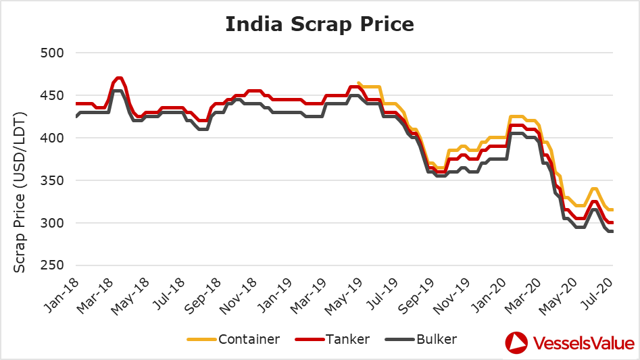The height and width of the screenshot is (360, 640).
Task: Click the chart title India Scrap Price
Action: pyautogui.click(x=320, y=24)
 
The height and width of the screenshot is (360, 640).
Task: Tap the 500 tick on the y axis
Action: pyautogui.click(x=52, y=53)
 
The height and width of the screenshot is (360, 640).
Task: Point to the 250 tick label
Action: pyautogui.click(x=52, y=265)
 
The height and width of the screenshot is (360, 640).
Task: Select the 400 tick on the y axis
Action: pyautogui.click(x=52, y=138)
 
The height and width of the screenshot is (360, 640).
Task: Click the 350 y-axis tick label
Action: pyautogui.click(x=52, y=180)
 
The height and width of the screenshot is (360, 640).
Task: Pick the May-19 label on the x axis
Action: pyautogui.click(x=343, y=296)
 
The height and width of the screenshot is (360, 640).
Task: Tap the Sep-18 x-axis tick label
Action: pyautogui.click(x=203, y=296)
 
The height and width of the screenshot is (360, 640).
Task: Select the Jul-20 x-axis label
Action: pyautogui.click(x=598, y=294)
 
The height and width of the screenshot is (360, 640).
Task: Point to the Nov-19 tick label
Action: pyautogui.click(x=451, y=296)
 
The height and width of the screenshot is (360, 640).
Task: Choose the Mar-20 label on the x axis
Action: pyautogui.click(x=522, y=296)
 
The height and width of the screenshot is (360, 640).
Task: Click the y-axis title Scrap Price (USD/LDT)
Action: pyautogui.click(x=19, y=192)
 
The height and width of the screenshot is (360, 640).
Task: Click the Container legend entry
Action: pyautogui.click(x=233, y=339)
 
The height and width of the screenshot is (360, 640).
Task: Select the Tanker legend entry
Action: pyautogui.click(x=333, y=339)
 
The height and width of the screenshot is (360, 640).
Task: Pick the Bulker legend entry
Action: pyautogui.click(x=421, y=339)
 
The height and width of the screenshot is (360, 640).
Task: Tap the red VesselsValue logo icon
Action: pyautogui.click(x=516, y=343)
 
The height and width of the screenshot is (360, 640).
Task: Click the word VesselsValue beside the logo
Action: pyautogui.click(x=584, y=343)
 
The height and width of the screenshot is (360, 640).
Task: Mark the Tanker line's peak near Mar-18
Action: pyautogui.click(x=119, y=78)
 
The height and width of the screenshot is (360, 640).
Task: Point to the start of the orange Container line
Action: pyautogui.click(x=358, y=82)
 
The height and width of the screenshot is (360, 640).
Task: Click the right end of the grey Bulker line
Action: pyautogui.click(x=613, y=232)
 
